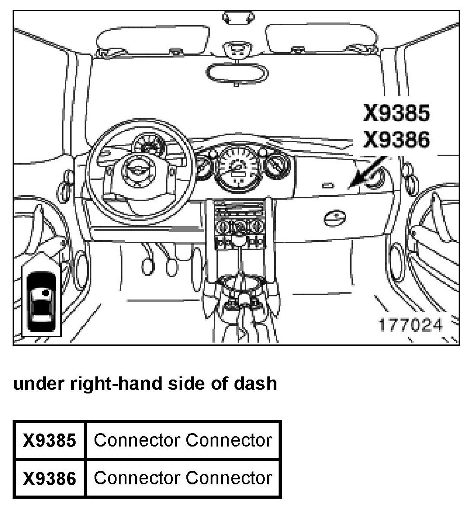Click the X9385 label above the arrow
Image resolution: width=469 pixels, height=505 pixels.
[x=397, y=113]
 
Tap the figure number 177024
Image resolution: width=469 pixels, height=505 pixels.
[x=410, y=324]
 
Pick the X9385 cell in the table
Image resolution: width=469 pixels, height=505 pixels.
[x=50, y=440]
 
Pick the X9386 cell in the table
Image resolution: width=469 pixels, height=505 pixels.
[x=50, y=478]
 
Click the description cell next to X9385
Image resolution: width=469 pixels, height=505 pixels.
[x=183, y=440]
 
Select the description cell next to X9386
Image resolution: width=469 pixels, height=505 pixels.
[x=183, y=478]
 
